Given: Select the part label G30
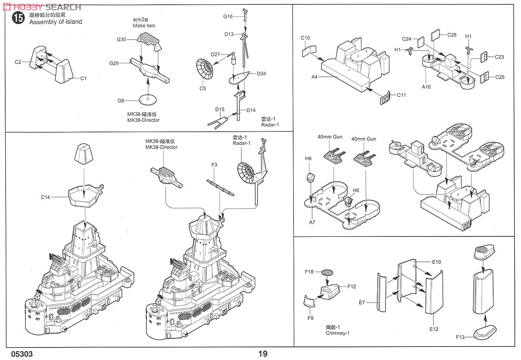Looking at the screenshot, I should pyautogui.click(x=122, y=39).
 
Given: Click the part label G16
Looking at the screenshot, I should pyautogui.click(x=227, y=17).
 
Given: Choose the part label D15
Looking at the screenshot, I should pyautogui.click(x=219, y=109).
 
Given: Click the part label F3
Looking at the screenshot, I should pyautogui.click(x=214, y=165).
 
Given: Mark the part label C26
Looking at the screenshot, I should pyautogui.click(x=452, y=35).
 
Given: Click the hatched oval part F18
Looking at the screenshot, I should pyautogui.click(x=327, y=272).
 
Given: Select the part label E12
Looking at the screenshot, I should pyautogui.click(x=434, y=329).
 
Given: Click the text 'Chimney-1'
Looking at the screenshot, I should pyautogui.click(x=337, y=333).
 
